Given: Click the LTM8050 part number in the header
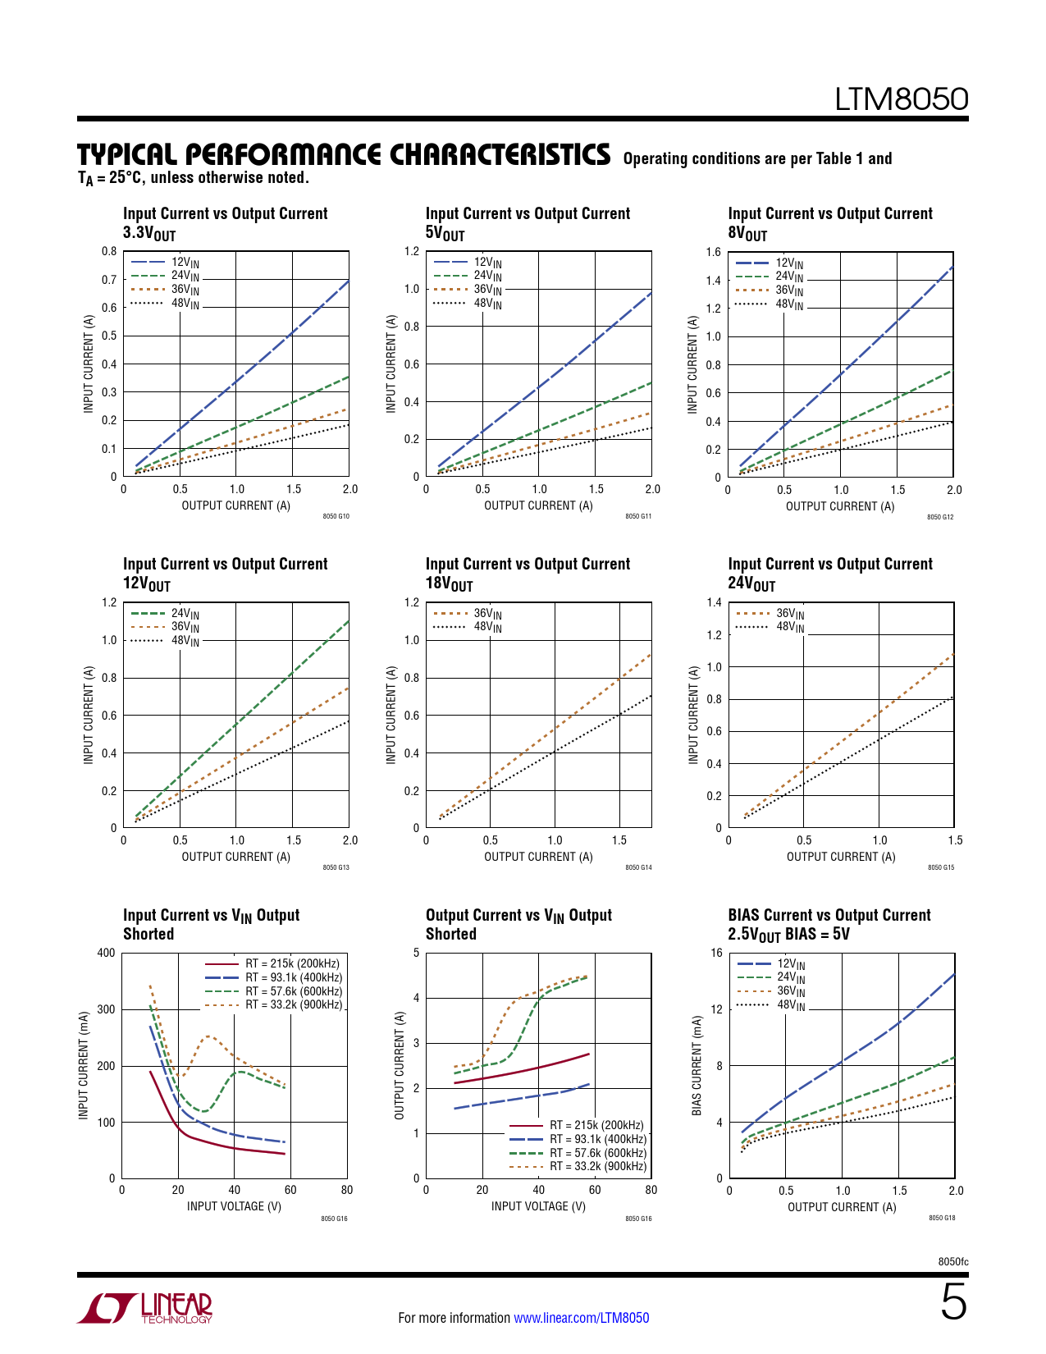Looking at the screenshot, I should [901, 99].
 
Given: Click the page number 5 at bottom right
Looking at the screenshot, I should [953, 1302].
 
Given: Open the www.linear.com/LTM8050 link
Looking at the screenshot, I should [581, 1318].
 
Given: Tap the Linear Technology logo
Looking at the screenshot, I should [145, 1308].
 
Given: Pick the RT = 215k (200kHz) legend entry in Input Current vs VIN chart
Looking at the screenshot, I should [292, 963].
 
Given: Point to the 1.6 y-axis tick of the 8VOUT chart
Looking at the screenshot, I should [713, 252].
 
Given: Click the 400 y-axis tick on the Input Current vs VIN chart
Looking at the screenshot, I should [106, 953].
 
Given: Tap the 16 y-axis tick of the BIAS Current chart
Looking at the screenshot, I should [716, 953].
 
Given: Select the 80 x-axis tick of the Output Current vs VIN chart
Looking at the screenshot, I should [651, 1190].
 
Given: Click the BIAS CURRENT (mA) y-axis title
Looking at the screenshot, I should [697, 1065].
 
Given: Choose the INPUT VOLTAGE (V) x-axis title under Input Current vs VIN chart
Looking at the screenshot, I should [234, 1206].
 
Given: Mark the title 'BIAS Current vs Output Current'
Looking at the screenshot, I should [829, 915].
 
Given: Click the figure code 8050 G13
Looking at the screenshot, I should [336, 867].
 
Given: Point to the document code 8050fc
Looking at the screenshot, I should [952, 1261].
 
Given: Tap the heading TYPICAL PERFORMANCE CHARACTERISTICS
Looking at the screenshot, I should [344, 155].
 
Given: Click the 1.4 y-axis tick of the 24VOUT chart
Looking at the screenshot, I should [714, 602].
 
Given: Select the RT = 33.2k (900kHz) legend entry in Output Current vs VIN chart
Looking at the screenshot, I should [598, 1166].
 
